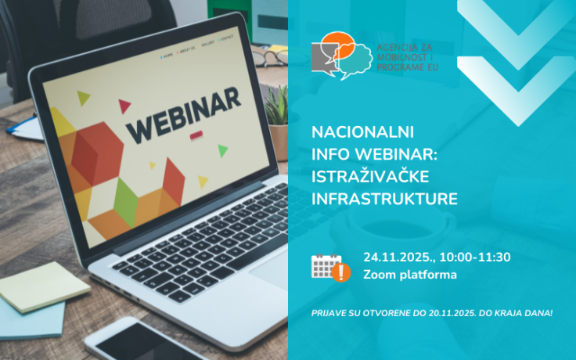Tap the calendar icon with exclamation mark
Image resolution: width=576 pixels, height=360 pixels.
click(x=329, y=267)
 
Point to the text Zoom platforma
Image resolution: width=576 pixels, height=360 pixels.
click(x=409, y=275)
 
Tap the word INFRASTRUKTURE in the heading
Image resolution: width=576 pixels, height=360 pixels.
click(x=383, y=199)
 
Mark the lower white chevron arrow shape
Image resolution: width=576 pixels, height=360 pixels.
click(x=517, y=89)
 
